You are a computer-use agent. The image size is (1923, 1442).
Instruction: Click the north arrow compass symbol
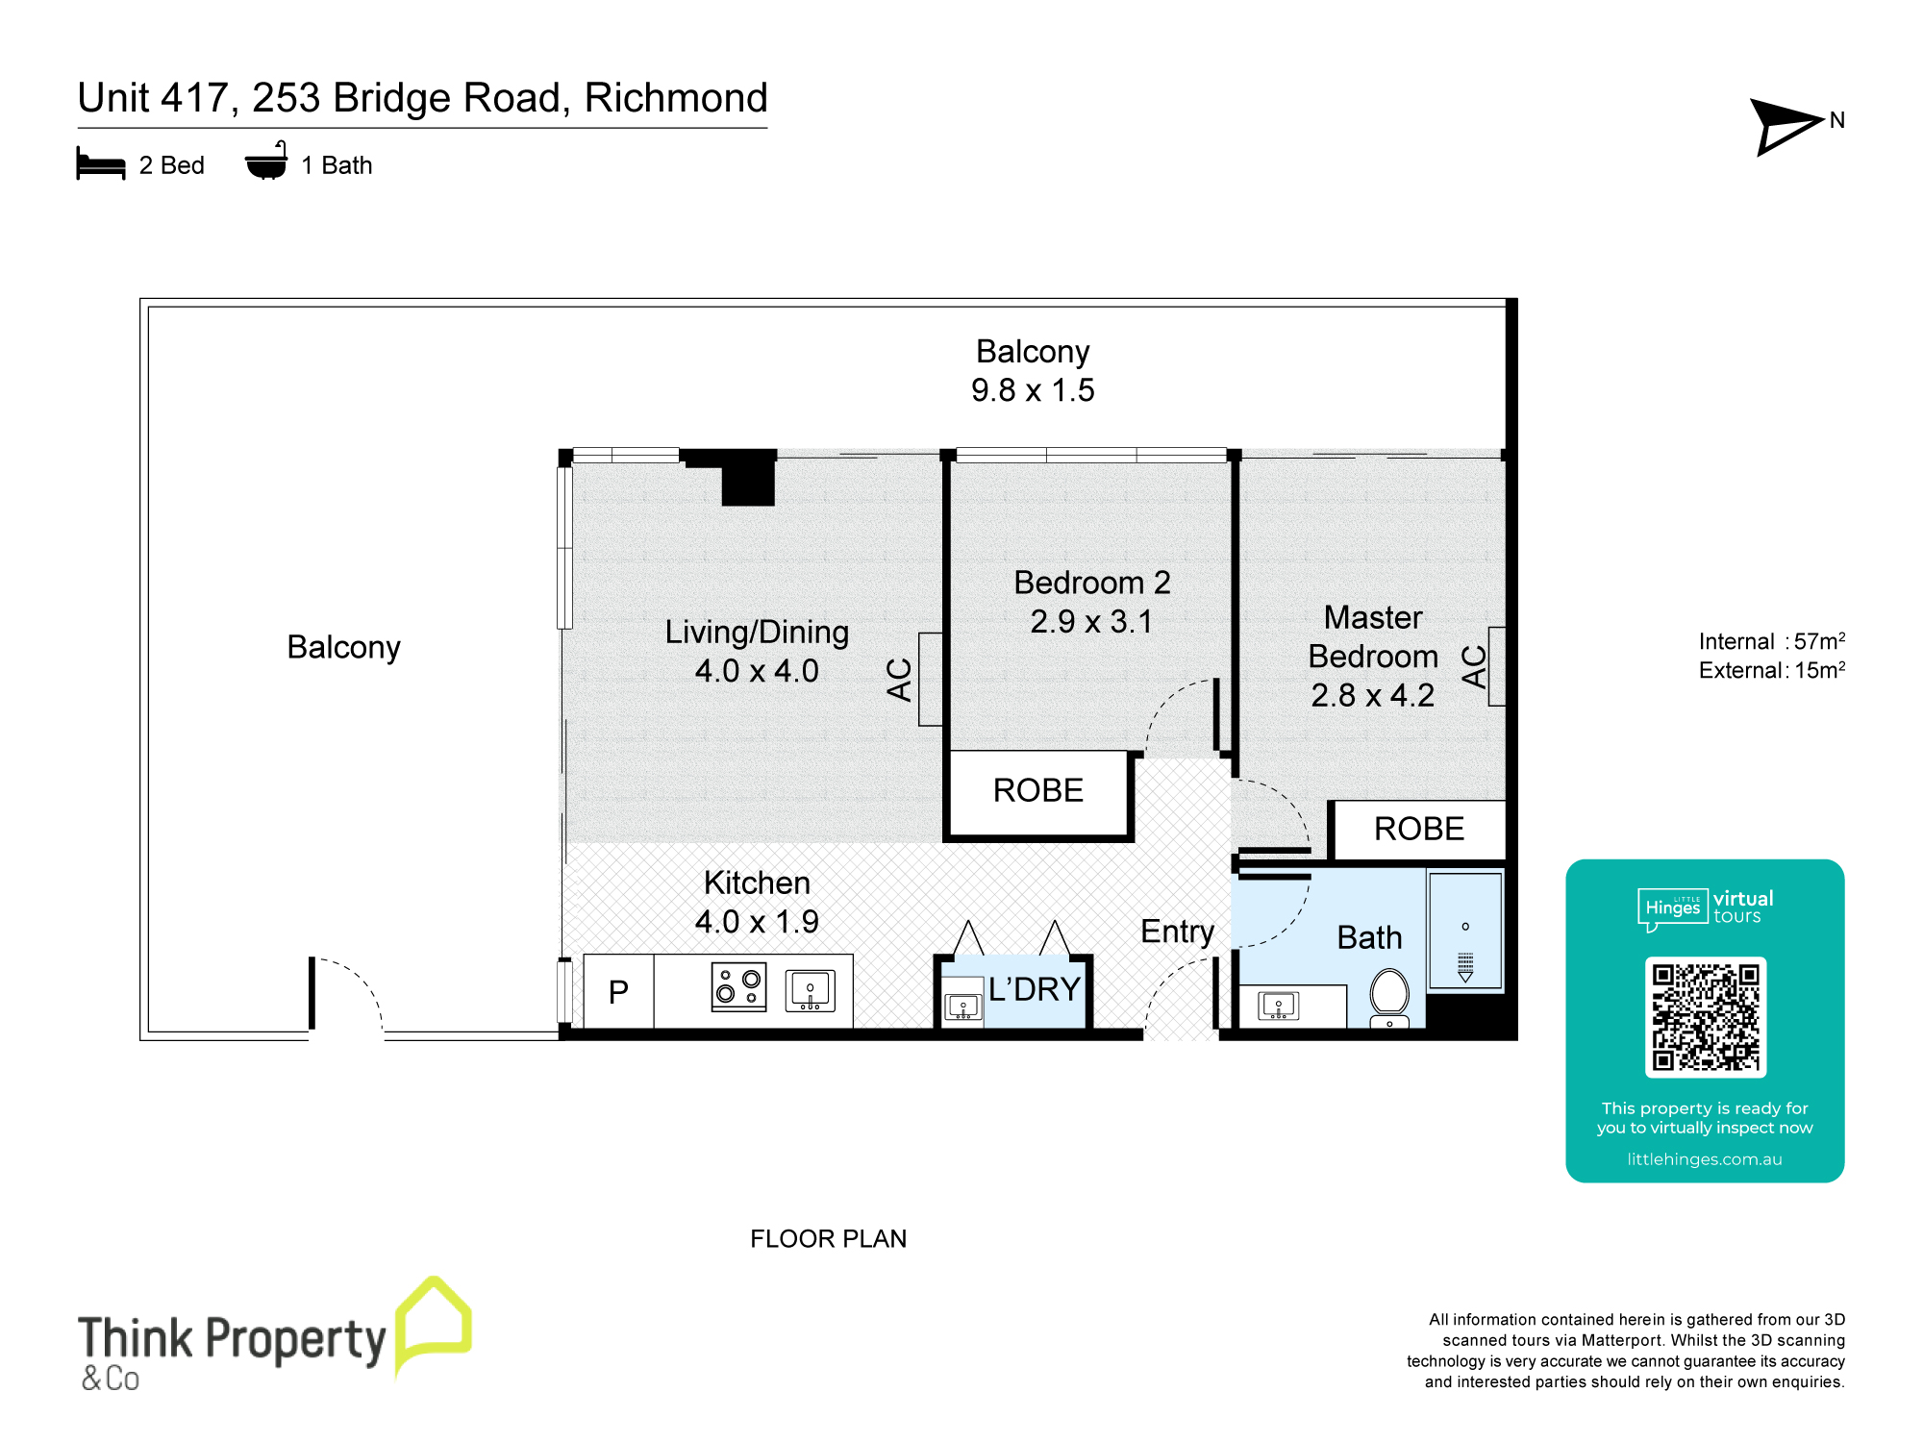click(x=1784, y=126)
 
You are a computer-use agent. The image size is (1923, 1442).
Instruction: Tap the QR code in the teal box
click(x=1705, y=1016)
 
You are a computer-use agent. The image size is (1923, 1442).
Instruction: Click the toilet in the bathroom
click(x=1389, y=996)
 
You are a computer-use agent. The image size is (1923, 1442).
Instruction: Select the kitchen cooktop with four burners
click(x=738, y=986)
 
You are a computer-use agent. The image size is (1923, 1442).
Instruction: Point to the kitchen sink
click(x=811, y=990)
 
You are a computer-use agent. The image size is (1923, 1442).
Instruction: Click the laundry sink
click(x=962, y=1007)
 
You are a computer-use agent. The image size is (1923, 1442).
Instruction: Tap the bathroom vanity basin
click(x=1279, y=1006)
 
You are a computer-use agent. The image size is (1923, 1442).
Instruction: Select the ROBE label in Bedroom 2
click(x=1037, y=790)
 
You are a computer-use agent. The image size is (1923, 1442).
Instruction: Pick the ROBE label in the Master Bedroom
click(x=1418, y=829)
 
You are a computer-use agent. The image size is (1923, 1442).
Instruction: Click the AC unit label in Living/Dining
click(x=900, y=679)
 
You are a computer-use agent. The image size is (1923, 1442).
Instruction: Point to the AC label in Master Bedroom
click(x=1474, y=666)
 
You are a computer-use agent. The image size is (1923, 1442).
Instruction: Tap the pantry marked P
click(x=618, y=991)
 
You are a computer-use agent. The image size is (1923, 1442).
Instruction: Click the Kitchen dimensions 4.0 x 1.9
click(x=757, y=922)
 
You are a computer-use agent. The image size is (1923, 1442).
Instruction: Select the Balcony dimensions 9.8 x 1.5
click(x=1033, y=390)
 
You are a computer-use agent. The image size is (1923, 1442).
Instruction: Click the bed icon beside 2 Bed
click(x=101, y=164)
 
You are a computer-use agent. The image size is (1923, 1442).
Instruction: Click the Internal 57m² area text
click(x=1771, y=641)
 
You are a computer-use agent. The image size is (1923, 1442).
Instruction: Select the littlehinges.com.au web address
click(x=1704, y=1159)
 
